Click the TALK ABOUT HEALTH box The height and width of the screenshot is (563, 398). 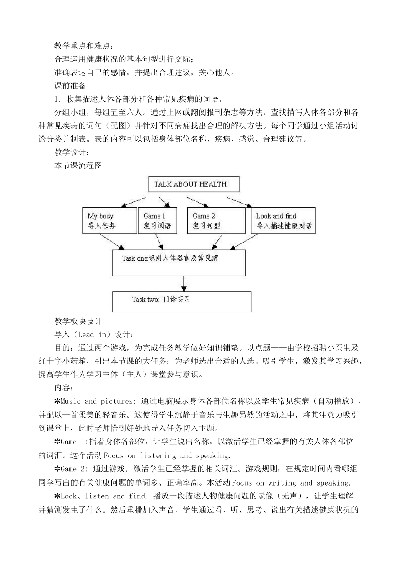click(x=194, y=184)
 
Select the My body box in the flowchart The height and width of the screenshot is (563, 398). click(x=109, y=221)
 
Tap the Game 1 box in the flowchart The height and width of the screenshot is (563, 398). click(x=157, y=221)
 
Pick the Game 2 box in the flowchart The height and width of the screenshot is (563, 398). click(x=216, y=221)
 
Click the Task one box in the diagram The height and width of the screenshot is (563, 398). click(x=178, y=263)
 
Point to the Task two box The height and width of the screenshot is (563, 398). click(x=182, y=302)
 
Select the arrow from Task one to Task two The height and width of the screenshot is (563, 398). click(x=183, y=284)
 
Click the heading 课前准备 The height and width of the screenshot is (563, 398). click(x=70, y=86)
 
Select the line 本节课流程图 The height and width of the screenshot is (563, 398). click(x=78, y=165)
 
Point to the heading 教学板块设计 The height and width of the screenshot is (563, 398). click(x=78, y=321)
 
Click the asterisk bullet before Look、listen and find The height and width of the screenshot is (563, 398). click(x=57, y=496)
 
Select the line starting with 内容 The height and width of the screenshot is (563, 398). click(x=64, y=387)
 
